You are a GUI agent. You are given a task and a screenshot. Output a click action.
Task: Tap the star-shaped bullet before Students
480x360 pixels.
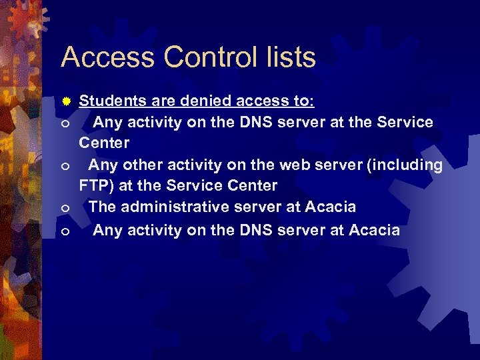click(x=66, y=101)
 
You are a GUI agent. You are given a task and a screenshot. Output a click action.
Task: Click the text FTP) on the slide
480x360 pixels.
click(x=96, y=185)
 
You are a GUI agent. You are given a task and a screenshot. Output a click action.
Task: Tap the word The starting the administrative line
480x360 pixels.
click(x=102, y=208)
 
